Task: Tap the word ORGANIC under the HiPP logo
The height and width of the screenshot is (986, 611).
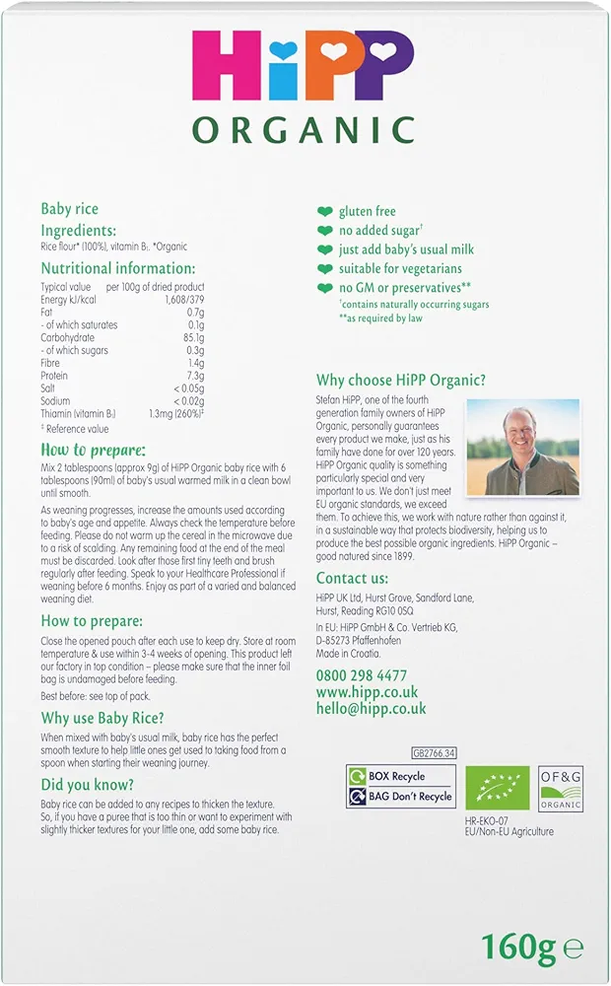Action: (304, 130)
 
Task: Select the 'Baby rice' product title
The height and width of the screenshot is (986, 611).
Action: (69, 209)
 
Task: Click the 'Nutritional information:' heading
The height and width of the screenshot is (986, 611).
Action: (118, 268)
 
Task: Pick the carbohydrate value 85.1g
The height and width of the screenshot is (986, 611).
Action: (190, 337)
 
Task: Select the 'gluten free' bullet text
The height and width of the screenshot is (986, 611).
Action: (367, 211)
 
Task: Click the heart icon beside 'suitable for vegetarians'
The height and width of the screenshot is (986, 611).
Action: (324, 268)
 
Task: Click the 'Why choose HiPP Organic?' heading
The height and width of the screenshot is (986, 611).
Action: (401, 381)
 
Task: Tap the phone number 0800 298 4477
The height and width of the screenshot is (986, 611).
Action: (361, 675)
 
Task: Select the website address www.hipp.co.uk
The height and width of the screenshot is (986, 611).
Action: (367, 692)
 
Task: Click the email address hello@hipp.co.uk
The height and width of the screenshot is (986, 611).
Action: (371, 709)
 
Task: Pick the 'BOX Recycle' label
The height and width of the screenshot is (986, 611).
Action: (400, 777)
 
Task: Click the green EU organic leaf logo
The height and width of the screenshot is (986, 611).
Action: (498, 788)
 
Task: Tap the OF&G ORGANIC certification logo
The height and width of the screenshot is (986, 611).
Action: (561, 788)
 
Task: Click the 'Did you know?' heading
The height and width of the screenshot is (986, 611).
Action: (88, 785)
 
